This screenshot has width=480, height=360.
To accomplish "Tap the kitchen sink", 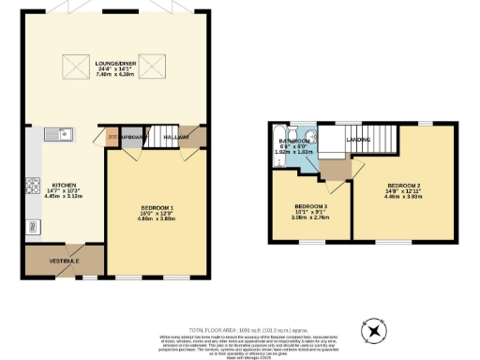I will [54, 135].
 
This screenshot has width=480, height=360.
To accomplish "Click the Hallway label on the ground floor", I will [176, 138].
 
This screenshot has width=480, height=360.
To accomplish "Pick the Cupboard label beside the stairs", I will [131, 138].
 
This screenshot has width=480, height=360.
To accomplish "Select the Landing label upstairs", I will [357, 141].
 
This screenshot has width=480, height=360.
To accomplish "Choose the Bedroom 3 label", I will [310, 206].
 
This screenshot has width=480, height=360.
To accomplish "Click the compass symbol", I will [373, 330].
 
